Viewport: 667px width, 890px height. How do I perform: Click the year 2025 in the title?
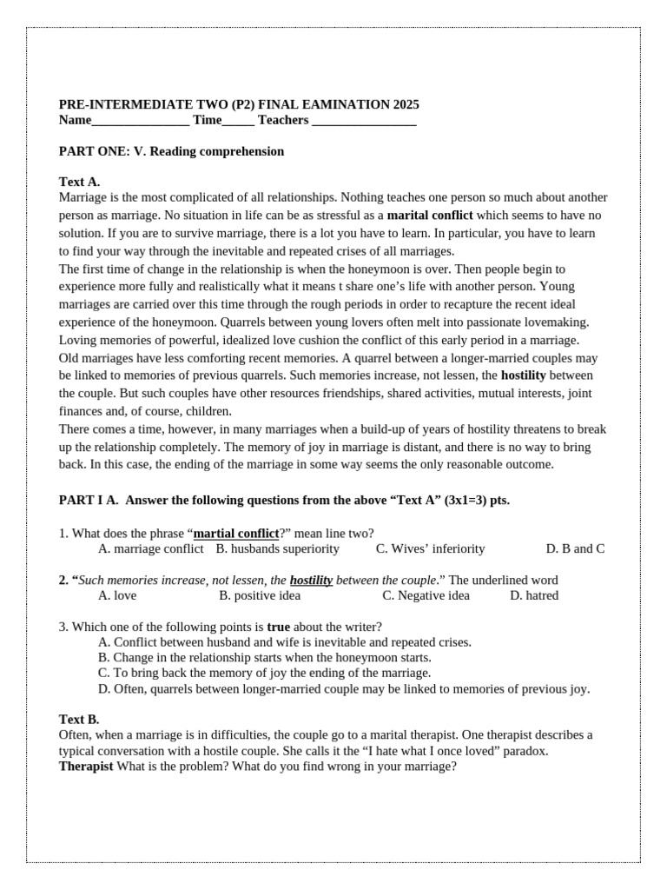[x=406, y=104]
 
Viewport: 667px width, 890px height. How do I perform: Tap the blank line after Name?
[x=140, y=122]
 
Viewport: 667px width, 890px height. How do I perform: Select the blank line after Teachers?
[x=364, y=122]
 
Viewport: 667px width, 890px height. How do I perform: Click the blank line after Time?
[x=238, y=122]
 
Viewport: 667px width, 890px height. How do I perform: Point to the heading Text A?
[x=79, y=182]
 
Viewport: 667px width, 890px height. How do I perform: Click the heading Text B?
[x=79, y=719]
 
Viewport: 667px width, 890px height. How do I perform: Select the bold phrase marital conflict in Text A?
[x=430, y=215]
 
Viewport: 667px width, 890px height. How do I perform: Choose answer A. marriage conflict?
[x=151, y=548]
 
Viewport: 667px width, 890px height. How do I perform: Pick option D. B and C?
[x=575, y=548]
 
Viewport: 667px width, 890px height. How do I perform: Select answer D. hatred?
[x=534, y=595]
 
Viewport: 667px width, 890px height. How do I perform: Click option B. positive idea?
[x=260, y=595]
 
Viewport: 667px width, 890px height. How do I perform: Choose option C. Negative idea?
[x=426, y=595]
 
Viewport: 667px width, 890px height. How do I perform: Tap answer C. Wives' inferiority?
[x=430, y=548]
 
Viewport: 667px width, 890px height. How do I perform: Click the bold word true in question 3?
[x=279, y=626]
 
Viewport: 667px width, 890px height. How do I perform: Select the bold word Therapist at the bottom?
[x=86, y=766]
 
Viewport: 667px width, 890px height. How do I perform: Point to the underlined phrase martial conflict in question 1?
[x=236, y=533]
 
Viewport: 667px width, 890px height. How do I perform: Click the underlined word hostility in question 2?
[x=311, y=580]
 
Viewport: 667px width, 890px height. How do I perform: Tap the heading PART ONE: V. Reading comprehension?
[x=171, y=151]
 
